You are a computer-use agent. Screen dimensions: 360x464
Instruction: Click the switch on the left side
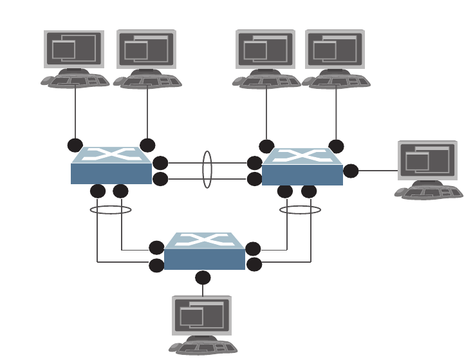click(111, 166)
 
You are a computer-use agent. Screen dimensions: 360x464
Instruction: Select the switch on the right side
click(302, 167)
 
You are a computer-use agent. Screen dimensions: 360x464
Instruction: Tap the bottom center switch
click(205, 252)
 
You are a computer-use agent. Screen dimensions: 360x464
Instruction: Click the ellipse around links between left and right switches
click(207, 169)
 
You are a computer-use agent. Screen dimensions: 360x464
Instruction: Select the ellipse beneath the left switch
click(111, 209)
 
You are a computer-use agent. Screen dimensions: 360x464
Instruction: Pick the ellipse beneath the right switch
click(300, 209)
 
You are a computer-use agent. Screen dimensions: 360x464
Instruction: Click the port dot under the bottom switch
click(203, 278)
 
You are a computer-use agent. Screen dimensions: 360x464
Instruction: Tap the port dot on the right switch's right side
click(351, 171)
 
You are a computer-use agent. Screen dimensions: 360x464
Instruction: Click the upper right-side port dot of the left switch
click(160, 163)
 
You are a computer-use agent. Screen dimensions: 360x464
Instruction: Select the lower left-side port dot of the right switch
click(255, 179)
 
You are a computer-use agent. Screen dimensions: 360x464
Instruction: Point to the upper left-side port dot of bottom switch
click(156, 248)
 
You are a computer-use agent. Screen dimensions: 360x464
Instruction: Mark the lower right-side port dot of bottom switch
click(254, 264)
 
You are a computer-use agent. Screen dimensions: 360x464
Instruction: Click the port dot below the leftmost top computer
click(75, 146)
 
